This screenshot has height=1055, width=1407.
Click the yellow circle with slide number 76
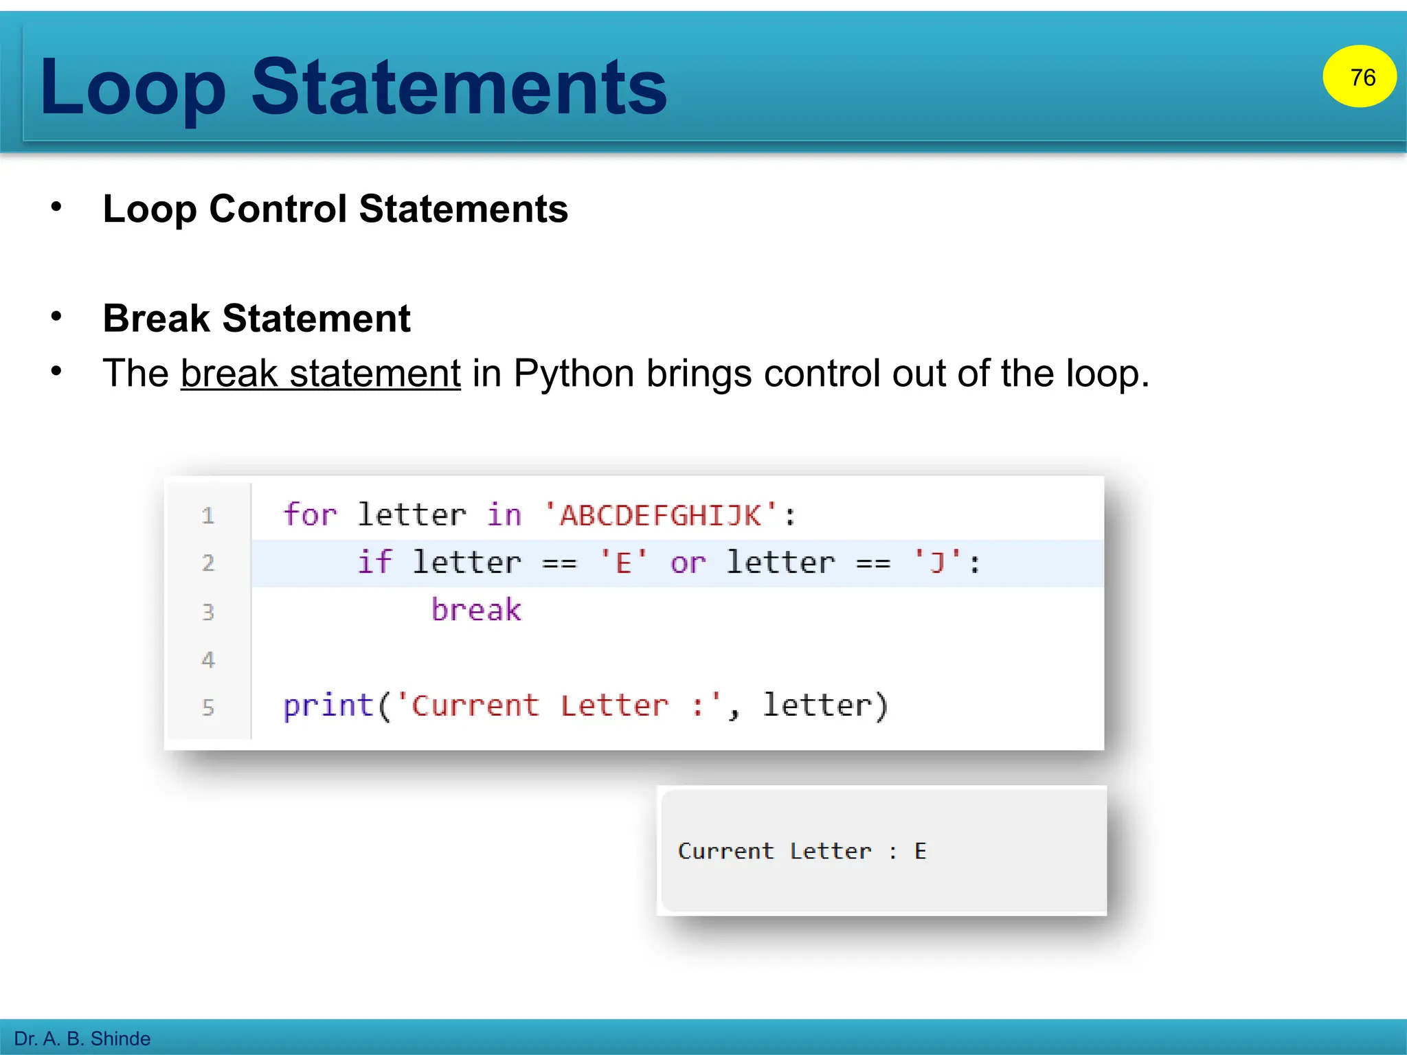pos(1359,76)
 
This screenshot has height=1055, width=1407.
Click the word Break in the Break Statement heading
pos(156,319)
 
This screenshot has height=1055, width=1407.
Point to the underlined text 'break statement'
pos(320,374)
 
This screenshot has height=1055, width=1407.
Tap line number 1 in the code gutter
pos(208,516)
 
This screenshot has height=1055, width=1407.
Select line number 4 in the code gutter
pos(208,660)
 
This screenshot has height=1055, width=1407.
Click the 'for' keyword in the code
pos(310,515)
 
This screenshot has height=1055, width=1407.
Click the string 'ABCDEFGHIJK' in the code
pos(661,515)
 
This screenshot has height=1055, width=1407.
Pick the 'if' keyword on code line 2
pos(374,563)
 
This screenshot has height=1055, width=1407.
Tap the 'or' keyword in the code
pos(688,563)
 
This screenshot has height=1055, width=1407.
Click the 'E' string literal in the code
pos(623,563)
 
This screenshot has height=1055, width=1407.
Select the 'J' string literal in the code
pos(937,563)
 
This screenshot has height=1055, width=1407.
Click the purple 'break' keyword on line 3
pos(476,610)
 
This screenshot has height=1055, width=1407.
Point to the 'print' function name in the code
pos(328,706)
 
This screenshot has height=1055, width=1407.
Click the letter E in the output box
pos(921,852)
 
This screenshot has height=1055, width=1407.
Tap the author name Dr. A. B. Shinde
pos(82,1039)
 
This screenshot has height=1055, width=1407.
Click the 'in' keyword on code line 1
pos(504,515)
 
